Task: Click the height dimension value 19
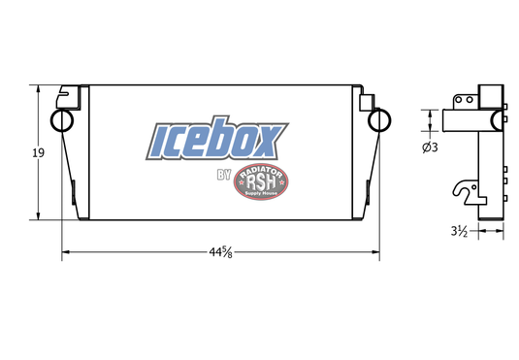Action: coord(39,151)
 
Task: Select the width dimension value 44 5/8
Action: coord(219,253)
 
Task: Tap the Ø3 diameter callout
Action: coord(431,147)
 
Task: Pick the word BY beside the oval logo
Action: coord(223,176)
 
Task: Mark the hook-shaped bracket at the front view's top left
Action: coord(68,96)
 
